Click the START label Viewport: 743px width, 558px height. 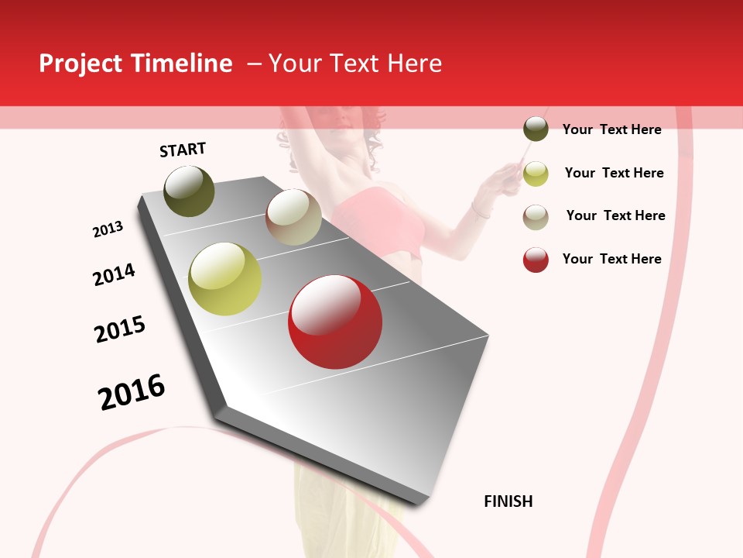pyautogui.click(x=183, y=150)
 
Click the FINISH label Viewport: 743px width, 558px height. pyautogui.click(x=508, y=501)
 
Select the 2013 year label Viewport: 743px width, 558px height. pyautogui.click(x=108, y=229)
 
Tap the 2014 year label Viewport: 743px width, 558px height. pyautogui.click(x=114, y=275)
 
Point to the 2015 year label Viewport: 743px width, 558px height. pyautogui.click(x=120, y=329)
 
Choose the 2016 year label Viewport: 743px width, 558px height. pyautogui.click(x=132, y=392)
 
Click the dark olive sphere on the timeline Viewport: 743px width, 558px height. pyautogui.click(x=189, y=191)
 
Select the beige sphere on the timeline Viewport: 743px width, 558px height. pyautogui.click(x=293, y=217)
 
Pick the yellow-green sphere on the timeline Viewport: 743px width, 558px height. pyautogui.click(x=225, y=279)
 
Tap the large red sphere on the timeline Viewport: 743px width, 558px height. pyautogui.click(x=335, y=322)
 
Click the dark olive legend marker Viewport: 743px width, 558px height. pyautogui.click(x=536, y=129)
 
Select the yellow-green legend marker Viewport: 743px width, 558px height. pyautogui.click(x=536, y=174)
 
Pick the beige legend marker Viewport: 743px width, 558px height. pyautogui.click(x=536, y=217)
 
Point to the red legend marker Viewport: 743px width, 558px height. pyautogui.click(x=536, y=260)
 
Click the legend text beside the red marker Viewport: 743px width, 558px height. pyautogui.click(x=611, y=259)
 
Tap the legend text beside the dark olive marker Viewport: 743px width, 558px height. pyautogui.click(x=611, y=129)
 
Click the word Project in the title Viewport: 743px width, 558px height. pyautogui.click(x=80, y=64)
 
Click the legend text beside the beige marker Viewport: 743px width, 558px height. pyautogui.click(x=615, y=215)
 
